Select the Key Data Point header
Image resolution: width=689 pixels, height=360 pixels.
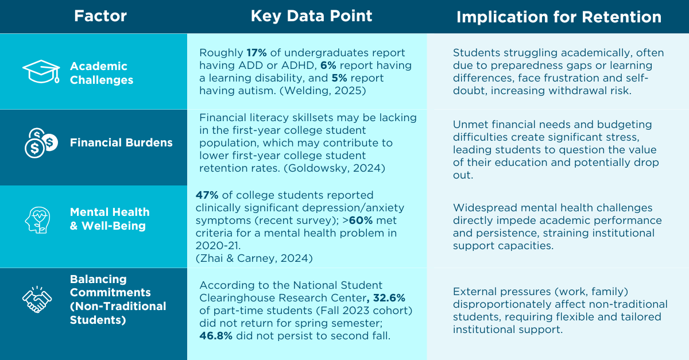click(x=311, y=16)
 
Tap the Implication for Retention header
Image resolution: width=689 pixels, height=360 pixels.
click(x=559, y=17)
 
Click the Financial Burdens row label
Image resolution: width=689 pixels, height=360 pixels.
click(x=121, y=143)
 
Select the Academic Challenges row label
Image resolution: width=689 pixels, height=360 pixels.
click(x=102, y=73)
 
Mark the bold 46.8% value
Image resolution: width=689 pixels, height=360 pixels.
click(x=216, y=336)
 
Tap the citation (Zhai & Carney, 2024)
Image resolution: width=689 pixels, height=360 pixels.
click(x=254, y=258)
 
